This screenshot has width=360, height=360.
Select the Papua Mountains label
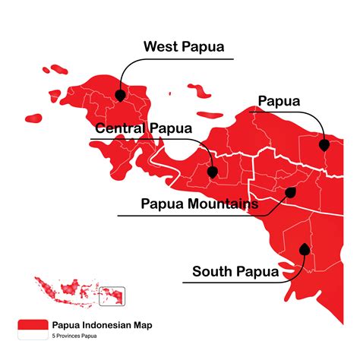(x=200, y=204)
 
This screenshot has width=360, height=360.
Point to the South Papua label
(x=235, y=271)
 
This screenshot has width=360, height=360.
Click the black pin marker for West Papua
(x=120, y=96)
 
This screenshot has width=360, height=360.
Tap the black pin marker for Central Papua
(x=213, y=172)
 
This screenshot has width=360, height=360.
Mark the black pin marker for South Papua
(x=305, y=248)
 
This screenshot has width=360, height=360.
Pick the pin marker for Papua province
(x=324, y=144)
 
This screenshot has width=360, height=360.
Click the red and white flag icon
(x=32, y=327)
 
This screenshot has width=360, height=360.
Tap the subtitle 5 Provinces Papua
(x=75, y=335)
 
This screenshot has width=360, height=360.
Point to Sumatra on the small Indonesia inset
(x=46, y=287)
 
